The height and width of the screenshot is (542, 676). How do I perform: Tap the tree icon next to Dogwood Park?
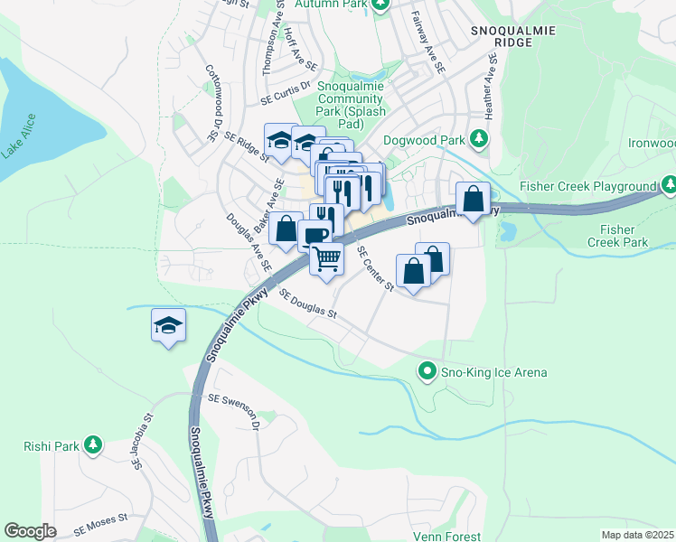(480, 139)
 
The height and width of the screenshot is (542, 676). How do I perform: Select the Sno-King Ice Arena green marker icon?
(427, 371)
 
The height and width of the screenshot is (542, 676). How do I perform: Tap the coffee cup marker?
(314, 236)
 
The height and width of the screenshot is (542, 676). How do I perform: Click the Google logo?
(30, 531)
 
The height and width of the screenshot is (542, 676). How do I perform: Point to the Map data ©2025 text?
(637, 535)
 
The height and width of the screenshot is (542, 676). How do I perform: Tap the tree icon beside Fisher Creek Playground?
(669, 186)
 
